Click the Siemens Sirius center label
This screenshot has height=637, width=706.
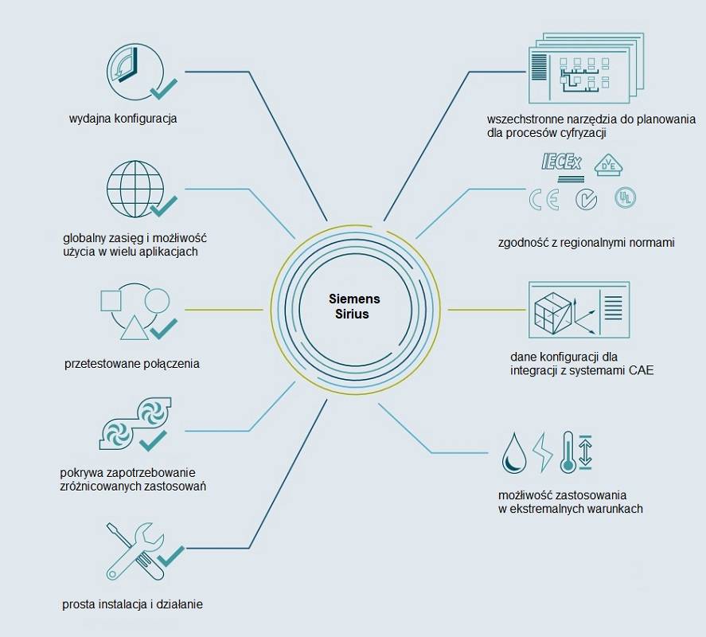[354, 307]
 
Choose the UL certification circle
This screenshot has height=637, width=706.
[625, 197]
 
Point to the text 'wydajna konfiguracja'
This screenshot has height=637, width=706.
[123, 119]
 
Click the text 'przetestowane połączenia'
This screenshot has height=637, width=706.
[131, 364]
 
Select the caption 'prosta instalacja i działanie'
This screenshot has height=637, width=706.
[132, 604]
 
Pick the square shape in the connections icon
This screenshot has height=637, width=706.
[111, 301]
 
